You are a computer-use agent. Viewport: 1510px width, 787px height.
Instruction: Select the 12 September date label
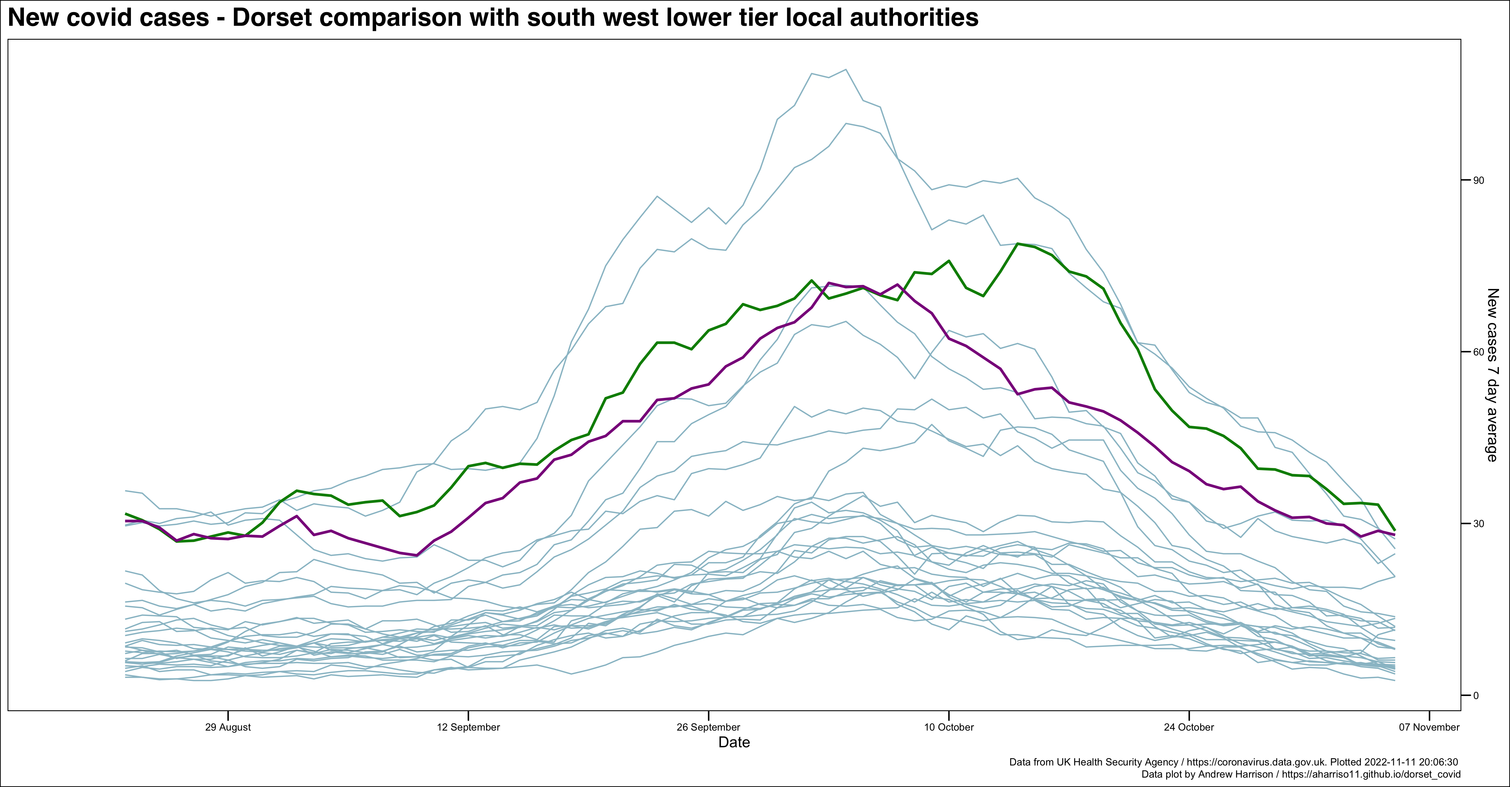[468, 727]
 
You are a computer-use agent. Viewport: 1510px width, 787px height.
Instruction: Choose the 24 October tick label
[1189, 727]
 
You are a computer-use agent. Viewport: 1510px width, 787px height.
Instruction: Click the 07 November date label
[1429, 727]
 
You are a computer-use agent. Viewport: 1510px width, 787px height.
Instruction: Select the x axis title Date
[734, 742]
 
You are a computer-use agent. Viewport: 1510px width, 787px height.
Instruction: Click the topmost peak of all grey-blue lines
[845, 70]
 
